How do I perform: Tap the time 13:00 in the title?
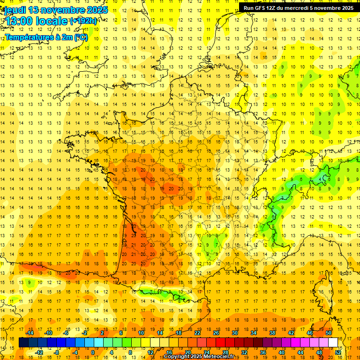pyautogui.click(x=18, y=22)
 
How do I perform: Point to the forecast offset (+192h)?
pyautogui.click(x=84, y=21)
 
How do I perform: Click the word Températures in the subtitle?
pyautogui.click(x=26, y=37)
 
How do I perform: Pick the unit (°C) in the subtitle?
pyautogui.click(x=80, y=37)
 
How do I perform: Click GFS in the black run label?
pyautogui.click(x=261, y=8)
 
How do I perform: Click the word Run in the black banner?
pyautogui.click(x=248, y=8)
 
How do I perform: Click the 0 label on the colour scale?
pyautogui.click(x=92, y=352)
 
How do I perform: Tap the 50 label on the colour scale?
pyautogui.click(x=329, y=333)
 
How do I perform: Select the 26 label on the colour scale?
pyautogui.click(x=216, y=333)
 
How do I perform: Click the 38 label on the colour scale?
pyautogui.click(x=272, y=333)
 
